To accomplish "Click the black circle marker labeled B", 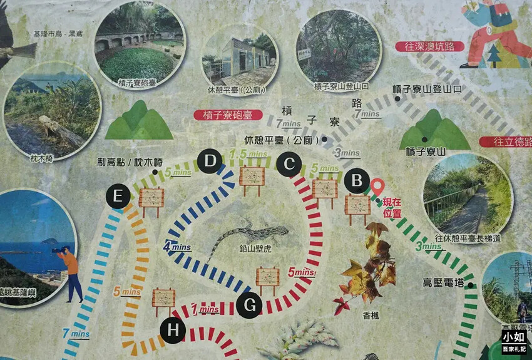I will click(x=357, y=182).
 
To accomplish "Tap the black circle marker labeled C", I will click(x=289, y=164).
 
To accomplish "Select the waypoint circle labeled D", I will click(x=210, y=162).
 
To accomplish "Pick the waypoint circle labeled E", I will click(x=118, y=196).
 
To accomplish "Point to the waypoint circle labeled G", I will click(x=249, y=306).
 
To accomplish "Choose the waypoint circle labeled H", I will click(x=172, y=330).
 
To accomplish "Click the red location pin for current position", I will click(x=377, y=188).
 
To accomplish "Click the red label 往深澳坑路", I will click(x=429, y=46).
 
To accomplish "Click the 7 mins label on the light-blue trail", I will click(x=76, y=334).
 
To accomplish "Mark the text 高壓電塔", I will click(x=442, y=283).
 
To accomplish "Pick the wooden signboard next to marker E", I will click(x=151, y=199).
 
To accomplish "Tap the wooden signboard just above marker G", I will click(x=267, y=278).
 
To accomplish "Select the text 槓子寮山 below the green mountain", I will click(x=425, y=152).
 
